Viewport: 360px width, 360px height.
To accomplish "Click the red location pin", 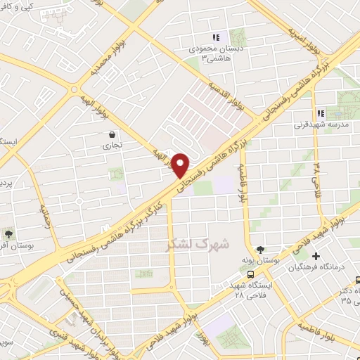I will pyautogui.click(x=181, y=165).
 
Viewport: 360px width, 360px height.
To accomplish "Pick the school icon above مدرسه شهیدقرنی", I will pyautogui.click(x=320, y=113).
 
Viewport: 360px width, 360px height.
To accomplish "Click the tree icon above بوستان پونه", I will pyautogui.click(x=260, y=250).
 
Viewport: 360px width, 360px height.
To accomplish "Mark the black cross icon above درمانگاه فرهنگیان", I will pyautogui.click(x=316, y=256).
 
